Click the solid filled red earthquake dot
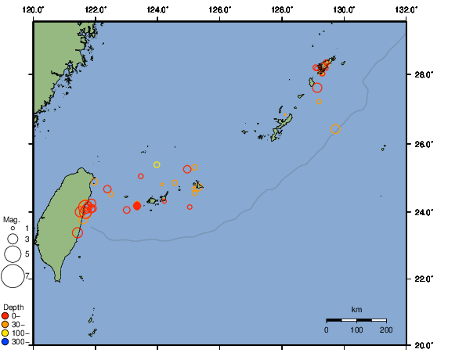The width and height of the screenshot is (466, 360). (137, 206)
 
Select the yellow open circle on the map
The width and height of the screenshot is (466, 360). (157, 164)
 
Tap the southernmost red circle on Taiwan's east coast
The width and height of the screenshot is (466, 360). (78, 232)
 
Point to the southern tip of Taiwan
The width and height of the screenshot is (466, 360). (60, 280)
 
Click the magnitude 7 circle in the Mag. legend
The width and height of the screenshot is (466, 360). (13, 275)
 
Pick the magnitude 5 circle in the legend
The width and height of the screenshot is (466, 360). (13, 254)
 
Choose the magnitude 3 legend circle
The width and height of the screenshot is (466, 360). (13, 239)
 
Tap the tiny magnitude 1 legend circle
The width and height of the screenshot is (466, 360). (13, 228)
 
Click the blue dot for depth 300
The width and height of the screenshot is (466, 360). (5, 342)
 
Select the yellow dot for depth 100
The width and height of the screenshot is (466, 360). (5, 333)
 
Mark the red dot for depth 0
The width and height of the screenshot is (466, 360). (5, 315)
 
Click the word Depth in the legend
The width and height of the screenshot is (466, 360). (13, 307)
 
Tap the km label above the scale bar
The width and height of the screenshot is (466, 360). (356, 310)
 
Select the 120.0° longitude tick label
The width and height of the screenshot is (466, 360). (34, 9)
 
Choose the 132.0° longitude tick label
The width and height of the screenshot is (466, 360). (405, 9)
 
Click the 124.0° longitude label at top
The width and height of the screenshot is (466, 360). (157, 9)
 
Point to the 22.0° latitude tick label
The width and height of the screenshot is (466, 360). (423, 279)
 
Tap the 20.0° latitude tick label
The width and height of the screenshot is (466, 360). (423, 344)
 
